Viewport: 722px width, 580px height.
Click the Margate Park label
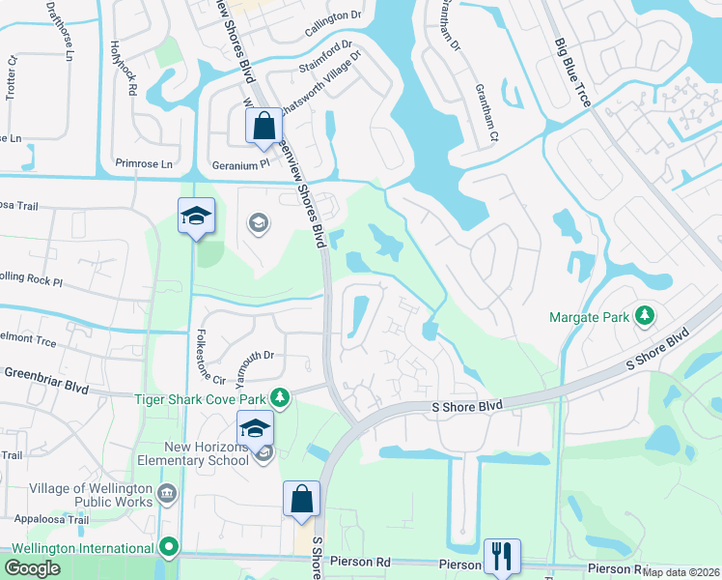(589, 316)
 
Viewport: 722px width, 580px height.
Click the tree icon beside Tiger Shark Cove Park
(280, 396)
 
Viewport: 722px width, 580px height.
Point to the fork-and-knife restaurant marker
(502, 556)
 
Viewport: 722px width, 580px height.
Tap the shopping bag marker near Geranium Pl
(264, 126)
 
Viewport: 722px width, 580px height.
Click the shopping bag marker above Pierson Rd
(301, 499)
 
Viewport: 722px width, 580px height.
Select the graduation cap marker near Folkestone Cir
(196, 216)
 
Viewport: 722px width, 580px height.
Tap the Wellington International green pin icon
(170, 548)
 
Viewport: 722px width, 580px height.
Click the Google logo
(33, 568)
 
